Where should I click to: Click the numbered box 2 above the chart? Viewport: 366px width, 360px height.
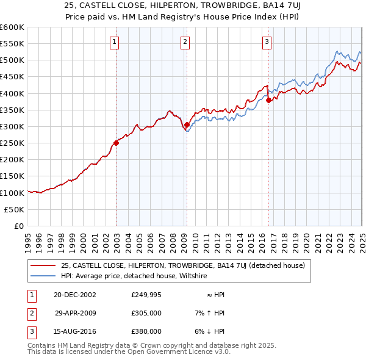185,42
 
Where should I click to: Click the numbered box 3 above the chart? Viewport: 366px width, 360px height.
267,42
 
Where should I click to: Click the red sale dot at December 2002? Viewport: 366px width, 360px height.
116,143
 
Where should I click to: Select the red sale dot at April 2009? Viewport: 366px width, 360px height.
187,124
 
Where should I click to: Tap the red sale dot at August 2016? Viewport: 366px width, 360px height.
269,100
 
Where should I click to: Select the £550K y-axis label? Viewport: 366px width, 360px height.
12,44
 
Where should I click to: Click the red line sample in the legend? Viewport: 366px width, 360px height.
43,265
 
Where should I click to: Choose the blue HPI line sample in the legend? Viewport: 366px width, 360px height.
43,276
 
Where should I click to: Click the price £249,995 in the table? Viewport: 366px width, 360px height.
146,294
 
